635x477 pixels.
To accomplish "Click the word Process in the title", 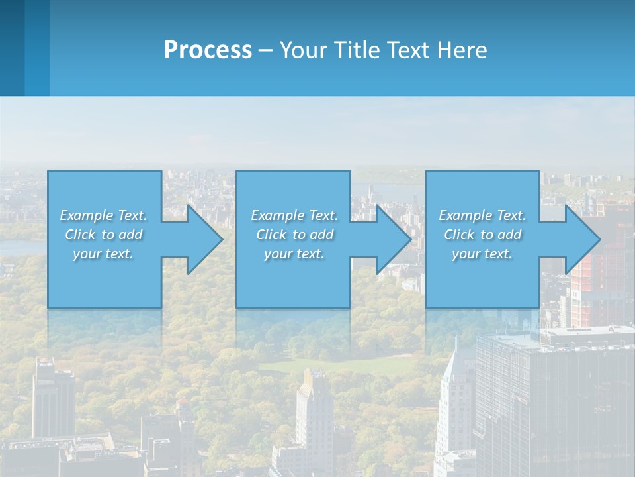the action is (208, 50).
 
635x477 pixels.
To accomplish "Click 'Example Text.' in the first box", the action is (104, 215).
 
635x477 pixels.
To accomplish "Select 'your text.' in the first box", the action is (104, 254).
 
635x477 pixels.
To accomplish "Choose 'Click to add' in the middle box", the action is (294, 235).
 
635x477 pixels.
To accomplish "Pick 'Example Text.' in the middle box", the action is (294, 215).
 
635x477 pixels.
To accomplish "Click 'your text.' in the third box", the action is (482, 254).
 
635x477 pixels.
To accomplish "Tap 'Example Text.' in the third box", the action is (482, 215).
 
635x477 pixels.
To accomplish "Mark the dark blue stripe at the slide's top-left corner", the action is (12, 46).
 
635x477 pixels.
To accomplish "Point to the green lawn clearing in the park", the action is (344, 366).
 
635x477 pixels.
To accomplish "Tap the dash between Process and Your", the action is (265, 50).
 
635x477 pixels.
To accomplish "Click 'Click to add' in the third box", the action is (482, 235).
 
